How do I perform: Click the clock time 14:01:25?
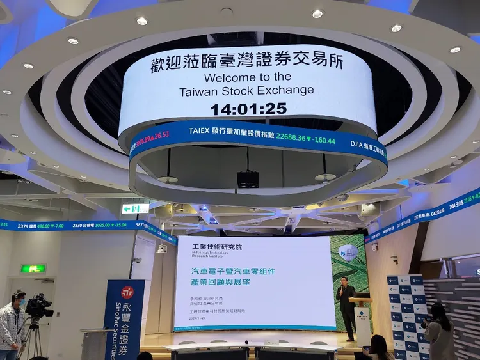click(x=248, y=109)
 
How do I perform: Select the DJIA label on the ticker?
click(x=359, y=146)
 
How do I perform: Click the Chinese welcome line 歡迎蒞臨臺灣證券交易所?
click(x=247, y=63)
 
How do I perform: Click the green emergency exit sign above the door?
click(x=33, y=269)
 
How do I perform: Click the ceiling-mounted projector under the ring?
click(x=248, y=179)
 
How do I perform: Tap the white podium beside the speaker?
click(x=363, y=320)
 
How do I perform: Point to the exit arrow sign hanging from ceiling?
click(x=135, y=208)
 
